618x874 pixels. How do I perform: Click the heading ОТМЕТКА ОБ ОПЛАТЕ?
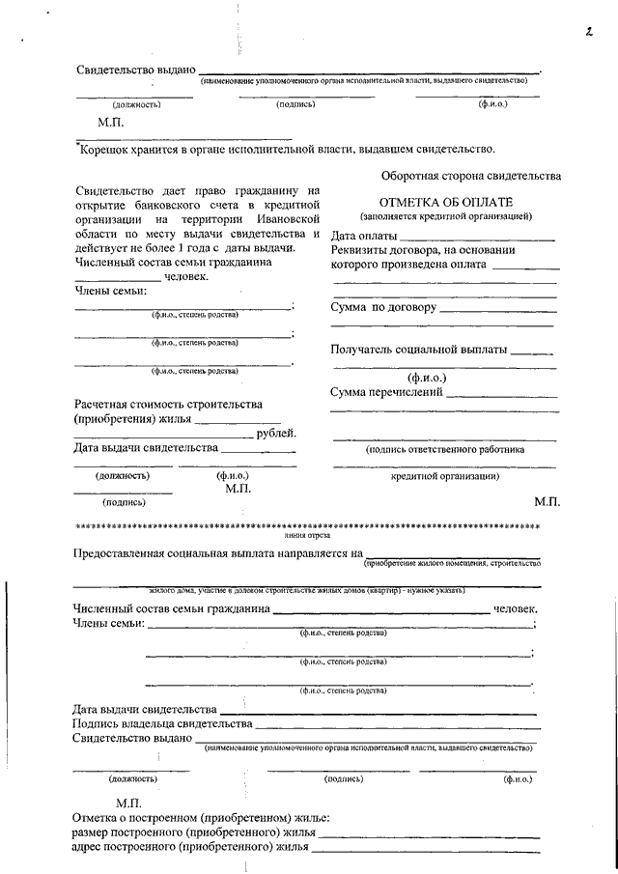tap(444, 203)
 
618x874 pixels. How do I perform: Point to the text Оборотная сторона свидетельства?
tap(470, 176)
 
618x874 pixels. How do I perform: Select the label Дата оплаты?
tap(364, 236)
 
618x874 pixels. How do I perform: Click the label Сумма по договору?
tap(383, 307)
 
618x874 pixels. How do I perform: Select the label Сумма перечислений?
tap(386, 392)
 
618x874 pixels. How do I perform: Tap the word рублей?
tap(277, 433)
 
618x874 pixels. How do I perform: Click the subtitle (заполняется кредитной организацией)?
tap(444, 217)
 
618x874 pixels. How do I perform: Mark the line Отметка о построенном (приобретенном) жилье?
tap(201, 818)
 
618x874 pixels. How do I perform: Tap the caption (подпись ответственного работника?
tap(444, 449)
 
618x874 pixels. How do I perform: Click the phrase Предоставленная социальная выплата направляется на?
tap(216, 552)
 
